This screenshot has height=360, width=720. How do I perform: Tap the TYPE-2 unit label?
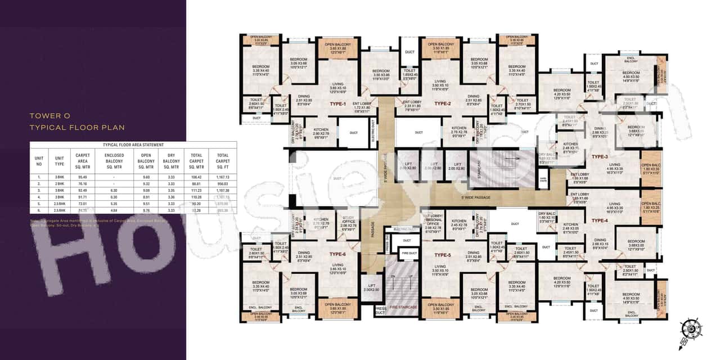(443, 103)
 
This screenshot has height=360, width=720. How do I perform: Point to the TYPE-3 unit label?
(600, 156)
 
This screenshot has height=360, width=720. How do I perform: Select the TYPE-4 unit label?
(600, 220)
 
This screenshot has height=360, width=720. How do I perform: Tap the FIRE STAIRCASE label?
(401, 307)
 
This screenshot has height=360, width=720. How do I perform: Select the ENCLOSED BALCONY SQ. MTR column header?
(114, 161)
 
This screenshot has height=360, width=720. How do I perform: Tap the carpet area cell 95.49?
(83, 177)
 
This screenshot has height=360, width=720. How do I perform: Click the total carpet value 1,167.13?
(223, 177)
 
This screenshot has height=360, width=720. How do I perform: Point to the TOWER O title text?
(50, 115)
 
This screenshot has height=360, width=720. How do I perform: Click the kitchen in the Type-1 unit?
(321, 133)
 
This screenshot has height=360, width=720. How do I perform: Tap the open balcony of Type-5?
(440, 307)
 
